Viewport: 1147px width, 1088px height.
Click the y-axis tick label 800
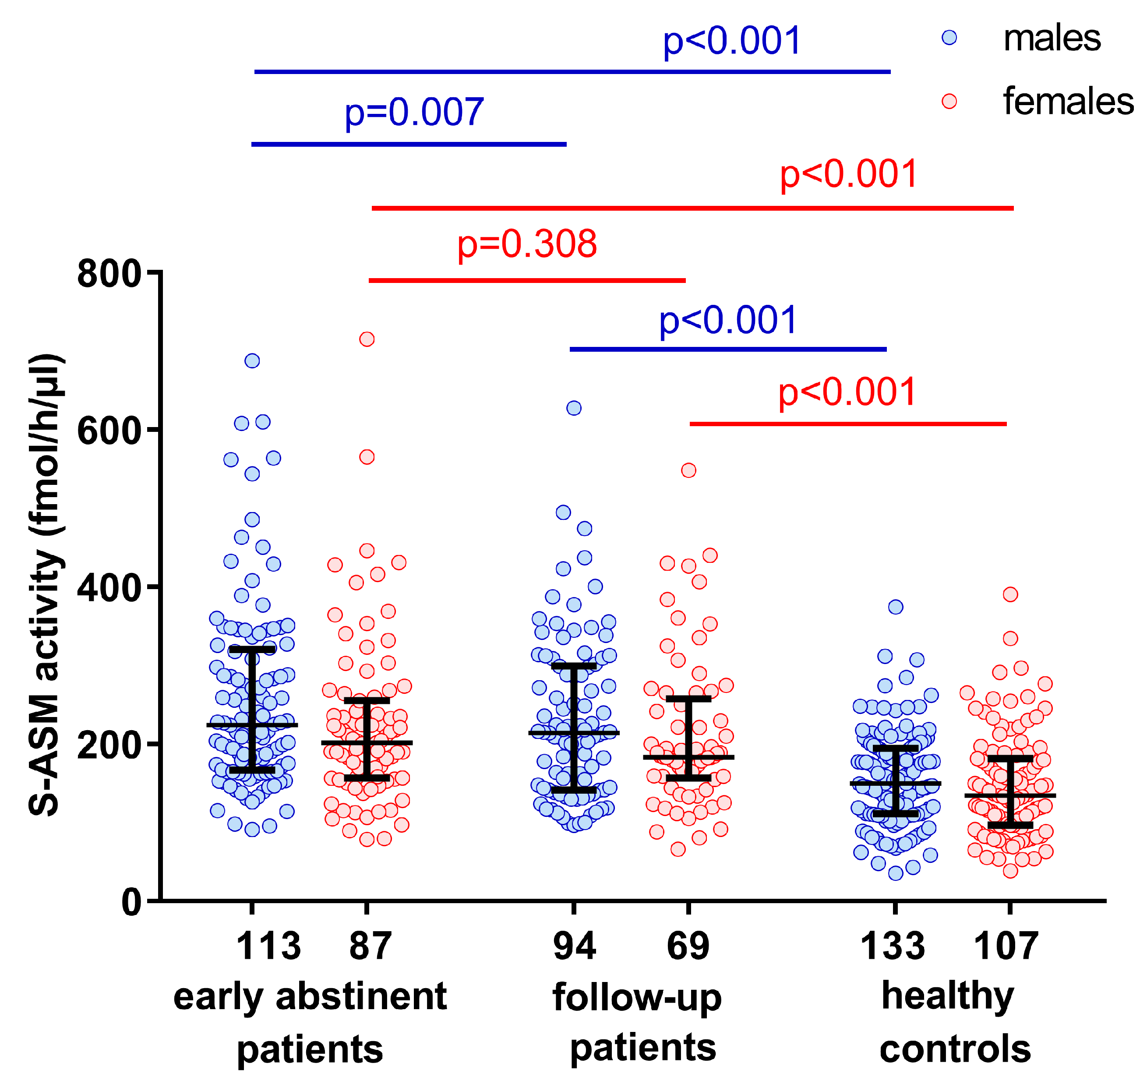(x=109, y=274)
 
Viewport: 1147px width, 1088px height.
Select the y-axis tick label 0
(x=132, y=902)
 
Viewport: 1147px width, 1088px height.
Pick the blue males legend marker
(x=949, y=38)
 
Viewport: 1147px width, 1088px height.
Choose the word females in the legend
(x=1068, y=102)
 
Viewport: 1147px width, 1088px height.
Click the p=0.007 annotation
(x=414, y=112)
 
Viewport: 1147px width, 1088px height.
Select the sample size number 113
(x=268, y=947)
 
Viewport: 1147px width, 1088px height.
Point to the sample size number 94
(x=574, y=947)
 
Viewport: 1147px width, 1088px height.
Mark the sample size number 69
(x=688, y=947)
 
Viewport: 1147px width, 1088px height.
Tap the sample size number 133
(x=892, y=947)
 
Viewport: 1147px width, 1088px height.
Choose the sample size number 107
(x=1006, y=947)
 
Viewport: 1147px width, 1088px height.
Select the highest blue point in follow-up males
(x=574, y=408)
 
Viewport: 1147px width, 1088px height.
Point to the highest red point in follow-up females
(x=688, y=470)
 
